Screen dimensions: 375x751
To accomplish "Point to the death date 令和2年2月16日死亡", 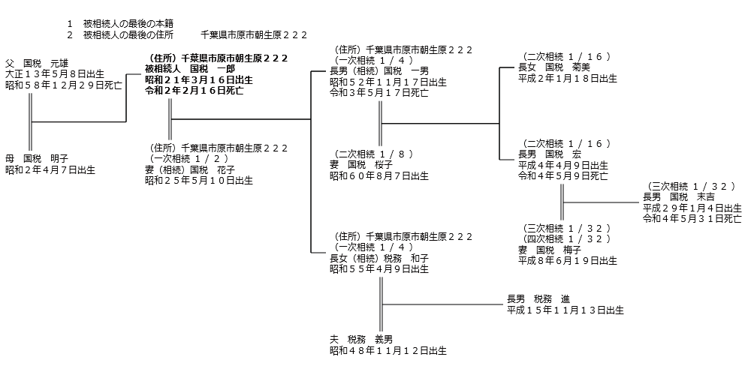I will pyautogui.click(x=194, y=90).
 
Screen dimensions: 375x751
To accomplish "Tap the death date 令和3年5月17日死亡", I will pyautogui.click(x=379, y=93).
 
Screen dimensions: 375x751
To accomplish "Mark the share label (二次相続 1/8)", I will pyautogui.click(x=371, y=154).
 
